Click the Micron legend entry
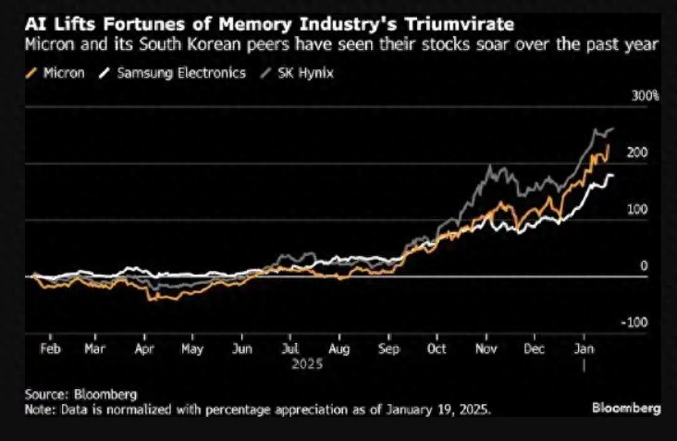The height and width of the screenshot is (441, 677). point(55,73)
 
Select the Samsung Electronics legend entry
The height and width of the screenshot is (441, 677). point(172,73)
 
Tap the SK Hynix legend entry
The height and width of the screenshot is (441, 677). point(297,73)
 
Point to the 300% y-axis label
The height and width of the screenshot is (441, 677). point(645,96)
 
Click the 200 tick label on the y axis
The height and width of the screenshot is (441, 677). point(637,153)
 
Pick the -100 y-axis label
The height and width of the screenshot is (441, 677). point(634,323)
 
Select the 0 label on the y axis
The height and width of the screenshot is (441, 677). point(644,266)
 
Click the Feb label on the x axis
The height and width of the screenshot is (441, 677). point(50,349)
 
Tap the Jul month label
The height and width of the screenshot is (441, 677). point(290,349)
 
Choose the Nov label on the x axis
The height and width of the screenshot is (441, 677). point(486,349)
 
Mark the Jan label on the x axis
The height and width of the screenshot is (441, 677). point(584,349)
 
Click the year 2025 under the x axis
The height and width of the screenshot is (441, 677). point(307,364)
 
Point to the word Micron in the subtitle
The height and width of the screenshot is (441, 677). point(49,44)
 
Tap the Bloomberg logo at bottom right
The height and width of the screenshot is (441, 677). point(626,409)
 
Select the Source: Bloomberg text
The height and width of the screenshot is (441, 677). point(80,395)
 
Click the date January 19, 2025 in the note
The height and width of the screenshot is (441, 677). point(437,409)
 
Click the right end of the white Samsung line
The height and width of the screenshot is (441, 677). point(613,175)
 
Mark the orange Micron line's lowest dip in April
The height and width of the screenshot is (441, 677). point(150,300)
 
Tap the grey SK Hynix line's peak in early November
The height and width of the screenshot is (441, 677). point(490,165)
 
